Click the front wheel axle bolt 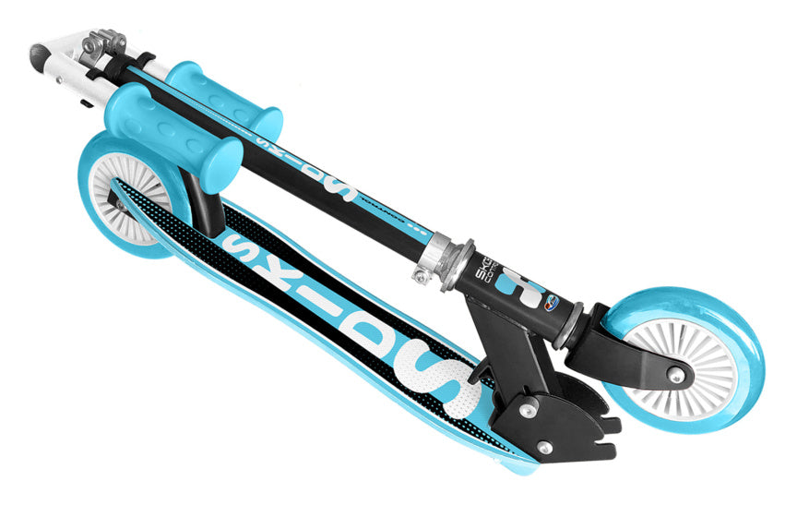pos(678,373)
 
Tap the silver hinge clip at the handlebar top pos(103,42)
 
